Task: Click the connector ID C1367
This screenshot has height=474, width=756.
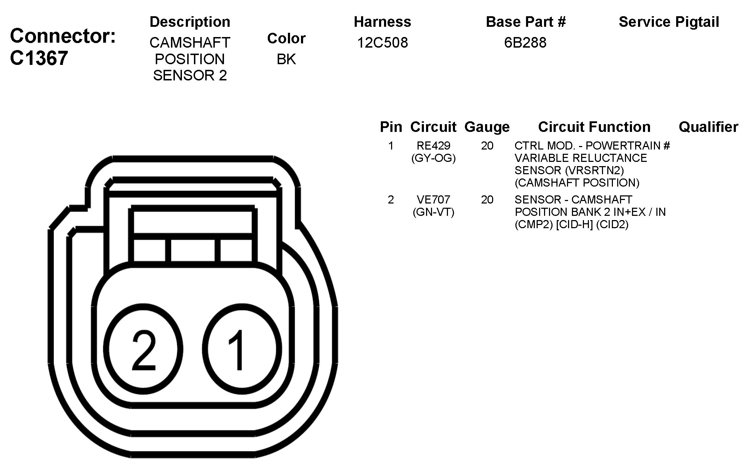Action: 39,58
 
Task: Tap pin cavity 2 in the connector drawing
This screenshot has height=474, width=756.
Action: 144,349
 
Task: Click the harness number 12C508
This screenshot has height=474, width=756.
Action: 382,43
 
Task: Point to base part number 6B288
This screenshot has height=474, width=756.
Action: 525,43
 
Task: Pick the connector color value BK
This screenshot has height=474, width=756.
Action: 286,59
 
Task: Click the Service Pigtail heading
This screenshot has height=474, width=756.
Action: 669,22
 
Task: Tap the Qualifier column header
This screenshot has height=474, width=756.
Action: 708,127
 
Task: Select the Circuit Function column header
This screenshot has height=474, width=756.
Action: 594,127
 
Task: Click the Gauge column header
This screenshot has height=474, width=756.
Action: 487,127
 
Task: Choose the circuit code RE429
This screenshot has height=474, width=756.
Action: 433,146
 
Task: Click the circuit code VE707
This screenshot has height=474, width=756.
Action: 433,200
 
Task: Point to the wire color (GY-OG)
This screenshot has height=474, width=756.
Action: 433,158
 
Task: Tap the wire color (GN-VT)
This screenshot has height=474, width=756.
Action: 433,212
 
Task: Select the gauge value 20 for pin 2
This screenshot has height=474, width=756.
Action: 487,200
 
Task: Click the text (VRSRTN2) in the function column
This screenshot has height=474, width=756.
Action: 594,171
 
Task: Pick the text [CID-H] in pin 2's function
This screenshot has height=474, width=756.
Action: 574,225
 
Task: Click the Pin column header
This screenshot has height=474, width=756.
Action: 391,127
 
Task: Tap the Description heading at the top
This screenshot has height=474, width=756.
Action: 190,22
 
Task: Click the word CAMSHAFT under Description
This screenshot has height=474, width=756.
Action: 190,43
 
